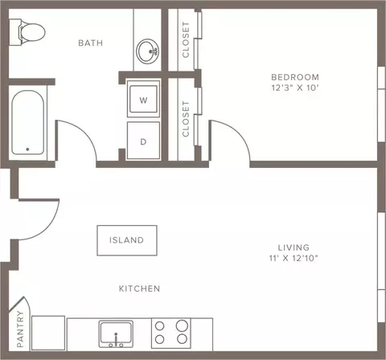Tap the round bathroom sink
pyautogui.click(x=147, y=51)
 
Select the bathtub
pyautogui.click(x=28, y=122)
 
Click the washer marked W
pyautogui.click(x=143, y=99)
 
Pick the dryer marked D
pyautogui.click(x=143, y=141)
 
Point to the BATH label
pyautogui.click(x=91, y=43)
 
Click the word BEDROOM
pyautogui.click(x=295, y=77)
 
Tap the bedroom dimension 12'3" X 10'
pyautogui.click(x=295, y=88)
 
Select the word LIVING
pyautogui.click(x=294, y=247)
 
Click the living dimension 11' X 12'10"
pyautogui.click(x=294, y=258)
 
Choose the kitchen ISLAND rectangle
pyautogui.click(x=127, y=240)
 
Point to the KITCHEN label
pyautogui.click(x=139, y=288)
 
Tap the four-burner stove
pyautogui.click(x=171, y=333)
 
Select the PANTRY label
pyautogui.click(x=20, y=329)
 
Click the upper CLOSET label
pyautogui.click(x=186, y=39)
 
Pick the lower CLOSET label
pyautogui.click(x=186, y=119)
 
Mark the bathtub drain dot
pyautogui.click(x=27, y=149)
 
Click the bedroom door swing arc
pyautogui.click(x=239, y=131)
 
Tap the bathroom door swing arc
pyautogui.click(x=84, y=131)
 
